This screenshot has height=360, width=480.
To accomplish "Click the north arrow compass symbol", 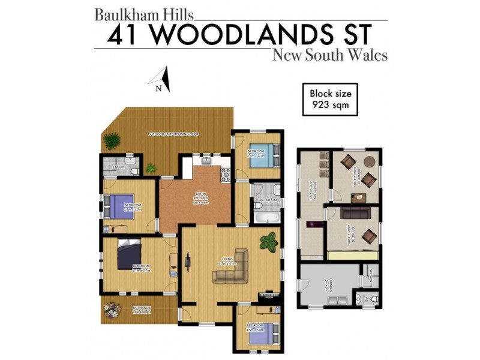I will point(163,79).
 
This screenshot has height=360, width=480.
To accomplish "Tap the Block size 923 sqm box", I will point(330,99).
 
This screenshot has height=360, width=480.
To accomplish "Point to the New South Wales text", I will point(329,55).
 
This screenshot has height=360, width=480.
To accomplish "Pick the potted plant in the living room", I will point(268,242).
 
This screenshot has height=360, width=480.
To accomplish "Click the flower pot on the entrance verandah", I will point(112,310).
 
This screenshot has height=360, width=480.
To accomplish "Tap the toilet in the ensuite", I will point(134,170).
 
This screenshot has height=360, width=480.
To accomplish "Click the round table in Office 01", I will point(370,161).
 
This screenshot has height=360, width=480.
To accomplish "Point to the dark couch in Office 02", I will point(354,212).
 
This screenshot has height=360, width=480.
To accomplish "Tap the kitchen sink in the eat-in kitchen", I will point(207,160).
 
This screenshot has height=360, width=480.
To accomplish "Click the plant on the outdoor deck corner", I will point(111,142).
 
